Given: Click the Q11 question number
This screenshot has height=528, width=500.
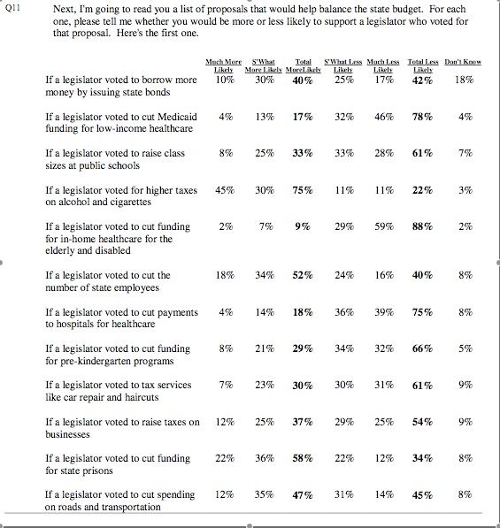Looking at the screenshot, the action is click(x=12, y=8).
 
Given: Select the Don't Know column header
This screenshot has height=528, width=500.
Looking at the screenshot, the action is click(x=463, y=62).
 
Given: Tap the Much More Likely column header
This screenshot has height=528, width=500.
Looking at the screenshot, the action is click(x=223, y=65).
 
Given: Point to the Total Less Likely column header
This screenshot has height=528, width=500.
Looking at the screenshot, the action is click(x=423, y=65).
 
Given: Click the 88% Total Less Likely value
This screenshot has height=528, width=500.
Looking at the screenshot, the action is click(x=422, y=226).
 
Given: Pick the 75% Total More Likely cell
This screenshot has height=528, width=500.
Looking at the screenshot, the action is click(x=303, y=190).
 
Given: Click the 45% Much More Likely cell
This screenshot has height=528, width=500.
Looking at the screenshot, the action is click(x=225, y=190).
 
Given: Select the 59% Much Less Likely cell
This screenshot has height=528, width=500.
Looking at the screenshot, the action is click(x=384, y=226).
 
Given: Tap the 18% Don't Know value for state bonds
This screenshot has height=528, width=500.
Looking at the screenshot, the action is click(x=464, y=80).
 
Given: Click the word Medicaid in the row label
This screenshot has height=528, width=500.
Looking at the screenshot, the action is click(x=177, y=117).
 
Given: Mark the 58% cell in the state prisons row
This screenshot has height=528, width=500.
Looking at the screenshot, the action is click(x=303, y=459).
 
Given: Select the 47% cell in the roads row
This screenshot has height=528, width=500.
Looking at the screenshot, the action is click(x=303, y=495).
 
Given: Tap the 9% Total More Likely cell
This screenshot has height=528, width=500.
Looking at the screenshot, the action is click(x=303, y=226).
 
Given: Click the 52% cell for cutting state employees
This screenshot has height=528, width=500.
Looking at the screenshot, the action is click(x=303, y=275).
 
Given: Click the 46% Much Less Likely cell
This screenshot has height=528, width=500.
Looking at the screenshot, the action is click(x=384, y=117).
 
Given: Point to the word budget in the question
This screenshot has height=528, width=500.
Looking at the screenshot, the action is click(x=409, y=10).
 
